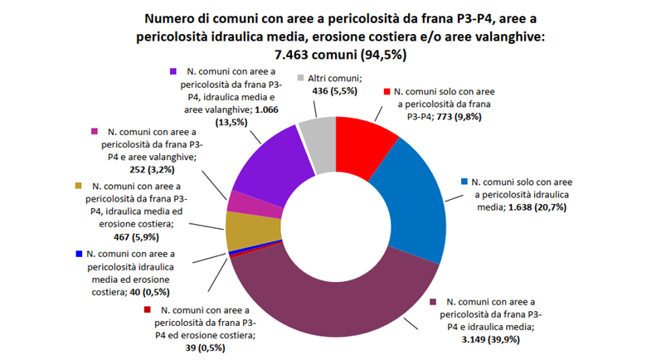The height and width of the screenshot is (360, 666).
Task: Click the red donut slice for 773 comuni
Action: [x=365, y=143]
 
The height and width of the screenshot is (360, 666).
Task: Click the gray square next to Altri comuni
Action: [x=300, y=76]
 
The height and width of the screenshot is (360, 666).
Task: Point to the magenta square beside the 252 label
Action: [x=95, y=132]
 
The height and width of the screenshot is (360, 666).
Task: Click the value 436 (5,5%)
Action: [x=323, y=90]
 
